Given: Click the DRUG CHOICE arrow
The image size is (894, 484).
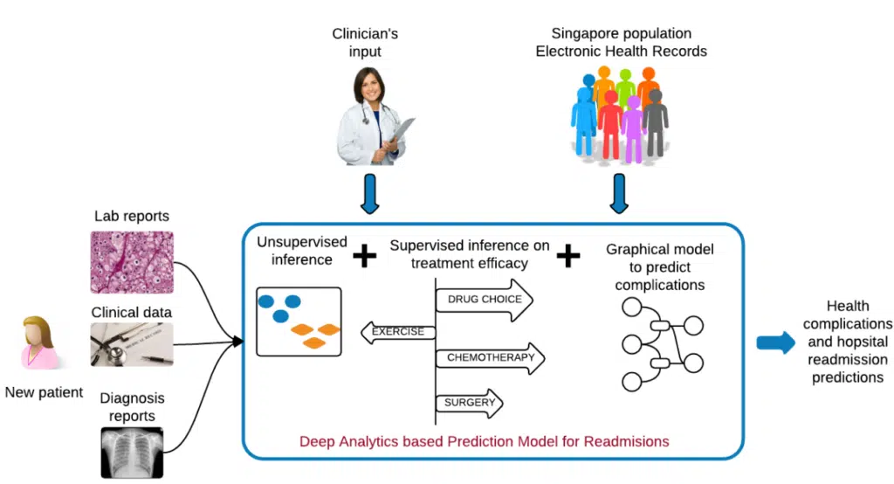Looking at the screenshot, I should pos(485,300).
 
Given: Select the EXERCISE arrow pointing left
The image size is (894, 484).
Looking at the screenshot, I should pos(397,332).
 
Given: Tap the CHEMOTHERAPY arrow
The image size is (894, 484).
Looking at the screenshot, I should pos(490,358).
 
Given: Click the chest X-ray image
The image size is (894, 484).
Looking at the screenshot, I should pos(132,451).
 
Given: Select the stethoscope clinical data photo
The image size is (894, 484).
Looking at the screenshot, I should pos(132,344).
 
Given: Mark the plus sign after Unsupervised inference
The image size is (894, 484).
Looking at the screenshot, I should pos(365,256).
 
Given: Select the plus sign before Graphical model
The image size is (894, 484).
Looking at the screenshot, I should pos(568,255).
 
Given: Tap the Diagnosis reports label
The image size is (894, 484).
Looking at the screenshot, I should pos(132,407).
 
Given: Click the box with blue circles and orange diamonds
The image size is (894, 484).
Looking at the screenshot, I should pos(298,321).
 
